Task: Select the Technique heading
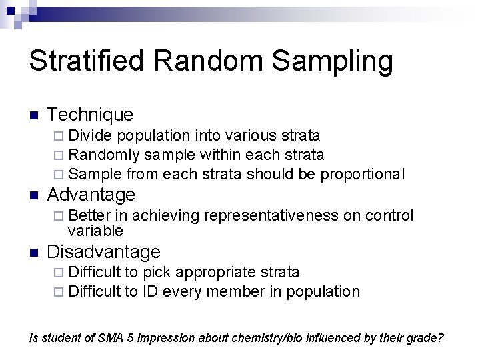pyautogui.click(x=91, y=115)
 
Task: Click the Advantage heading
pyautogui.click(x=91, y=195)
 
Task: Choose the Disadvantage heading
pyautogui.click(x=104, y=252)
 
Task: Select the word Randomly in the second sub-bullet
pyautogui.click(x=104, y=155)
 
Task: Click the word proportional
pyautogui.click(x=362, y=174)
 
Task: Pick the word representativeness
pyautogui.click(x=273, y=215)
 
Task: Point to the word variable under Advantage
pyautogui.click(x=95, y=231)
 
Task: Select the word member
pyautogui.click(x=232, y=291)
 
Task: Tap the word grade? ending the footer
pyautogui.click(x=425, y=337)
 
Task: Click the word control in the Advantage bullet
pyautogui.click(x=389, y=215)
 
